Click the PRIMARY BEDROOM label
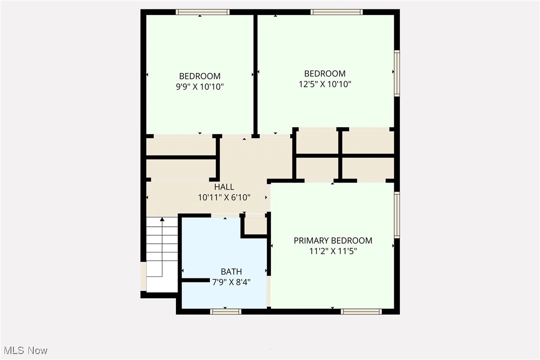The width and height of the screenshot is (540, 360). tap(333, 241)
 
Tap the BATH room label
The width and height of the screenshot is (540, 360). tap(231, 271)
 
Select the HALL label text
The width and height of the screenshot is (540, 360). tap(224, 187)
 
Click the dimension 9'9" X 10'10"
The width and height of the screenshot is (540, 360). tap(200, 87)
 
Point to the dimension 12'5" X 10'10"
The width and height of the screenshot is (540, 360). tap(325, 84)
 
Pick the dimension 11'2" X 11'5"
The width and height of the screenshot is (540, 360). tap(333, 252)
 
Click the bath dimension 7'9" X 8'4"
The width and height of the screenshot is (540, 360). tap(231, 282)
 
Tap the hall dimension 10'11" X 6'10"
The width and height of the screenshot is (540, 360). tap(224, 197)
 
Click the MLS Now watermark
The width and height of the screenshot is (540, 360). tap(24, 351)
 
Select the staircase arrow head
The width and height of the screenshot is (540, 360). tap(162, 220)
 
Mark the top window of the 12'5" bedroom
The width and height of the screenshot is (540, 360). tap(337, 12)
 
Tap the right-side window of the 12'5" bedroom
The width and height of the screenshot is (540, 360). tap(397, 73)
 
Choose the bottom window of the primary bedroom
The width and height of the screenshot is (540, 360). tap(361, 312)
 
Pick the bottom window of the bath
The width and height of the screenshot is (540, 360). tap(225, 312)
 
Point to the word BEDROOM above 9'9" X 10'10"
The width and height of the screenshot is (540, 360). tap(200, 76)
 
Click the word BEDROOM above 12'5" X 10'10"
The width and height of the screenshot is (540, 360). tap(325, 74)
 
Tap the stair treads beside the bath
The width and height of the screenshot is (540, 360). tap(162, 249)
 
